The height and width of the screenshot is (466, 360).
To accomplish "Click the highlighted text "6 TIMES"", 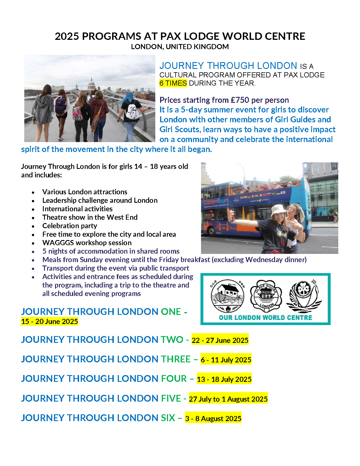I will [173, 83].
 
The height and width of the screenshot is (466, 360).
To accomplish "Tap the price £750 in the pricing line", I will [240, 100].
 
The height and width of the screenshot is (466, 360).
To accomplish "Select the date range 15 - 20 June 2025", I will [49, 321].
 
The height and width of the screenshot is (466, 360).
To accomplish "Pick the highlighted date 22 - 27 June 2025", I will [220, 340].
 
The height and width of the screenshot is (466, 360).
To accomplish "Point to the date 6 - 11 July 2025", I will [226, 360].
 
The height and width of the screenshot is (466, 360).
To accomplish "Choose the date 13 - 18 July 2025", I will [224, 379].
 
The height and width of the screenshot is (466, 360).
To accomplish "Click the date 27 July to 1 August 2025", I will [228, 399].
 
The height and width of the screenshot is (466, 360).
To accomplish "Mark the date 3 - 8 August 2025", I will [213, 419].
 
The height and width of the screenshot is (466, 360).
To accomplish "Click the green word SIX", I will [168, 418].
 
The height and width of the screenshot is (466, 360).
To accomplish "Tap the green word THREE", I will [176, 359].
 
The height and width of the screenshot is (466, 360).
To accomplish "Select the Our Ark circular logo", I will [228, 296].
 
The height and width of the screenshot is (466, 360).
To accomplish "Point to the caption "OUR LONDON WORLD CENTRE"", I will [265, 317].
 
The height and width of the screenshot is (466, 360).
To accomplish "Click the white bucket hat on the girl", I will [278, 210].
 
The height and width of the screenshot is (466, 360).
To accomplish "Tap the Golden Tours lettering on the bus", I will [216, 202].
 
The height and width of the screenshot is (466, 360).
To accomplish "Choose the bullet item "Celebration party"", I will [70, 226].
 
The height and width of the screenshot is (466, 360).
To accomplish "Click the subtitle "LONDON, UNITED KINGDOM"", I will [180, 47].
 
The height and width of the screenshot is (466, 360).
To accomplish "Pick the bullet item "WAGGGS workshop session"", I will [87, 243].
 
